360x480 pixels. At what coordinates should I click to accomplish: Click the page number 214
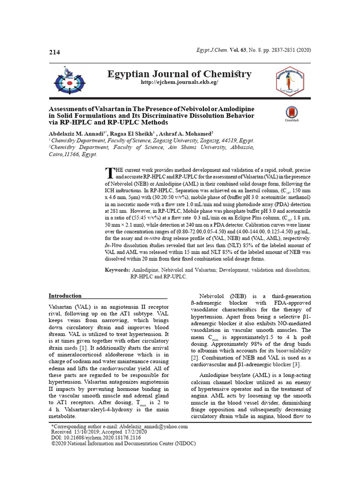(x=54, y=52)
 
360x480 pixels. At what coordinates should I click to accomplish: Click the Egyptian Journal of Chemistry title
(x=180, y=74)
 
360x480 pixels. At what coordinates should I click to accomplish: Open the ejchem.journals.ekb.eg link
(x=180, y=82)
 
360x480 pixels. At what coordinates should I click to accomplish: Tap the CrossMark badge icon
(x=292, y=113)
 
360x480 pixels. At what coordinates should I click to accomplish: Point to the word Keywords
(x=117, y=270)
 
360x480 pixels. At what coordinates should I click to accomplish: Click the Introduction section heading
(x=65, y=296)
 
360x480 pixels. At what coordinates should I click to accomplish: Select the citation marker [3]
(x=296, y=365)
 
